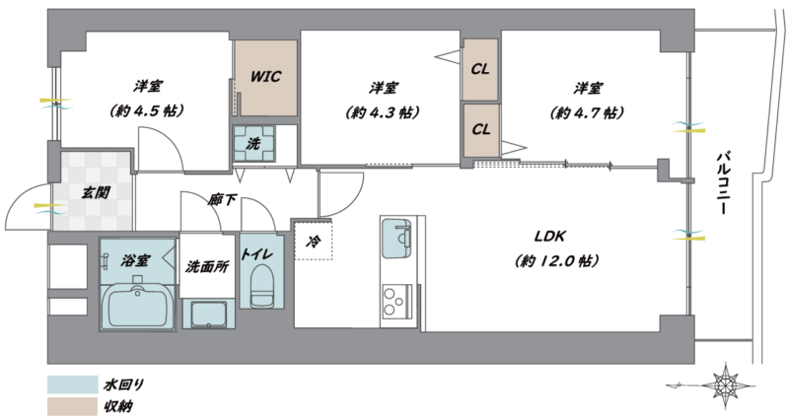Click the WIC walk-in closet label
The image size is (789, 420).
(265, 77)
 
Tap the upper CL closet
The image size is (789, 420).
(480, 69)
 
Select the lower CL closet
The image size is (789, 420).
(480, 130)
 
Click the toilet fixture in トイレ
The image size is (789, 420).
(261, 286)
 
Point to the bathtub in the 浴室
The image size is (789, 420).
(137, 307)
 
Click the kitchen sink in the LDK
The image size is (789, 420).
(396, 238)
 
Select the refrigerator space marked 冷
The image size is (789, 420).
(313, 240)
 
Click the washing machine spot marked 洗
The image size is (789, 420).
(253, 143)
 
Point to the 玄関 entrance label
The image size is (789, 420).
(96, 192)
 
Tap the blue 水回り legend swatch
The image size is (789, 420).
(72, 385)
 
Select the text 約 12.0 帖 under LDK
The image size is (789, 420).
(556, 261)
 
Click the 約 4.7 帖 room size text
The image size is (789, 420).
(587, 112)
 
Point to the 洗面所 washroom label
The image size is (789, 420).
(207, 266)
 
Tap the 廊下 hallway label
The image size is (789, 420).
(222, 200)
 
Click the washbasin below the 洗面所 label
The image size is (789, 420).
(208, 314)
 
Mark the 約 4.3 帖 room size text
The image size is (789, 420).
(383, 112)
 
